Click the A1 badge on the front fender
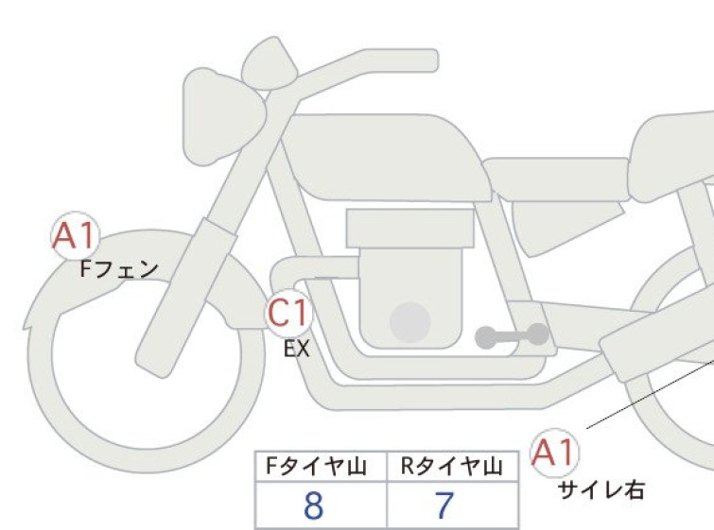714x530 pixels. point(75,236)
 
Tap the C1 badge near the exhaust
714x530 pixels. point(288,314)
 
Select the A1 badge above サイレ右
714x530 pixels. point(555,453)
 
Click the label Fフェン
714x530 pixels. point(119,270)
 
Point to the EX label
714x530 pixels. point(297,349)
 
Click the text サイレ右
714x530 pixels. point(601,490)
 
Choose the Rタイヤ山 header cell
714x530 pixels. point(453,467)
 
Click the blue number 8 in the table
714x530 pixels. point(314,505)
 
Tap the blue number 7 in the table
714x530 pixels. point(444,505)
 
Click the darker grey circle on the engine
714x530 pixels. point(410,322)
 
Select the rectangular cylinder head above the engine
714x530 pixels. point(409,229)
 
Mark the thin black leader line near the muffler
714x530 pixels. point(651,394)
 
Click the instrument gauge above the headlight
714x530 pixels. point(270,63)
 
